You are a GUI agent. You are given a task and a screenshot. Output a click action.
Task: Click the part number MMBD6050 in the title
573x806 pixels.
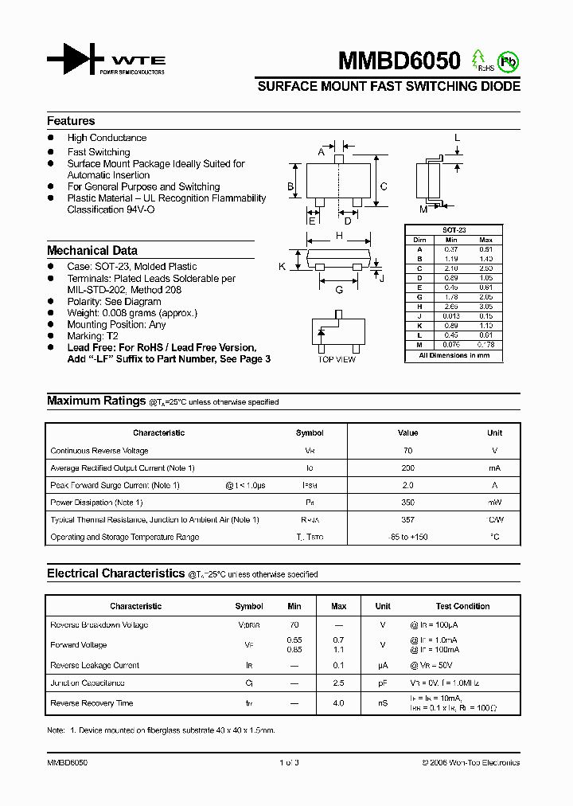point(399,61)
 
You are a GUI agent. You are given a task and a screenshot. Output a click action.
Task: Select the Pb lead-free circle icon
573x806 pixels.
point(507,61)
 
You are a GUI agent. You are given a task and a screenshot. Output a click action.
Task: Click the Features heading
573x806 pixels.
point(71,121)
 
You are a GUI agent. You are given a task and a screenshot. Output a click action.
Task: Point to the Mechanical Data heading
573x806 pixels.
point(92,250)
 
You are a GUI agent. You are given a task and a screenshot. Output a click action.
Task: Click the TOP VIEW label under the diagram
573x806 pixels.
point(337,360)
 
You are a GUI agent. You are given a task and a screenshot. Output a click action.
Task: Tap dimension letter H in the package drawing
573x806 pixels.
point(339,236)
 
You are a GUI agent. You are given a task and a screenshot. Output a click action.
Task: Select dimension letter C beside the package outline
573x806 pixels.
point(384,187)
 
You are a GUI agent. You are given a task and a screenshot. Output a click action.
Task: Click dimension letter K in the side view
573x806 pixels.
point(283,267)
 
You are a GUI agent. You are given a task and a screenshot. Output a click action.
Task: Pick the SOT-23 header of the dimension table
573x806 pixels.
point(454,230)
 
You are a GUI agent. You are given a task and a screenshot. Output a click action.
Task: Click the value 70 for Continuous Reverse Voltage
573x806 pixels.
point(407,451)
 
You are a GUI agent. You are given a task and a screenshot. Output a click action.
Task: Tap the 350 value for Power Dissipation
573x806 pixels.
point(407,503)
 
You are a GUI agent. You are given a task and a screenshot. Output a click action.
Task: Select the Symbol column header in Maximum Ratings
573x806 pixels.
point(310,433)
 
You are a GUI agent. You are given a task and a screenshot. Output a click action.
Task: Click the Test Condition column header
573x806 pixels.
point(462,606)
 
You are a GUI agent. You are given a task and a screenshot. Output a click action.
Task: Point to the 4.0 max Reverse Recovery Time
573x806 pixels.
point(338,703)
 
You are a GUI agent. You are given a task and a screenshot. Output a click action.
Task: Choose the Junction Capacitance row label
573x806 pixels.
point(88,683)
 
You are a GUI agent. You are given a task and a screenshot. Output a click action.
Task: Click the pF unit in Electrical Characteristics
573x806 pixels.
point(383,683)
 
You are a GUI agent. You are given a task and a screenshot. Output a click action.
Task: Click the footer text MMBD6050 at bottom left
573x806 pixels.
point(67,763)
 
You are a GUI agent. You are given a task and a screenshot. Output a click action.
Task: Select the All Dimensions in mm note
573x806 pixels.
point(454,355)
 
